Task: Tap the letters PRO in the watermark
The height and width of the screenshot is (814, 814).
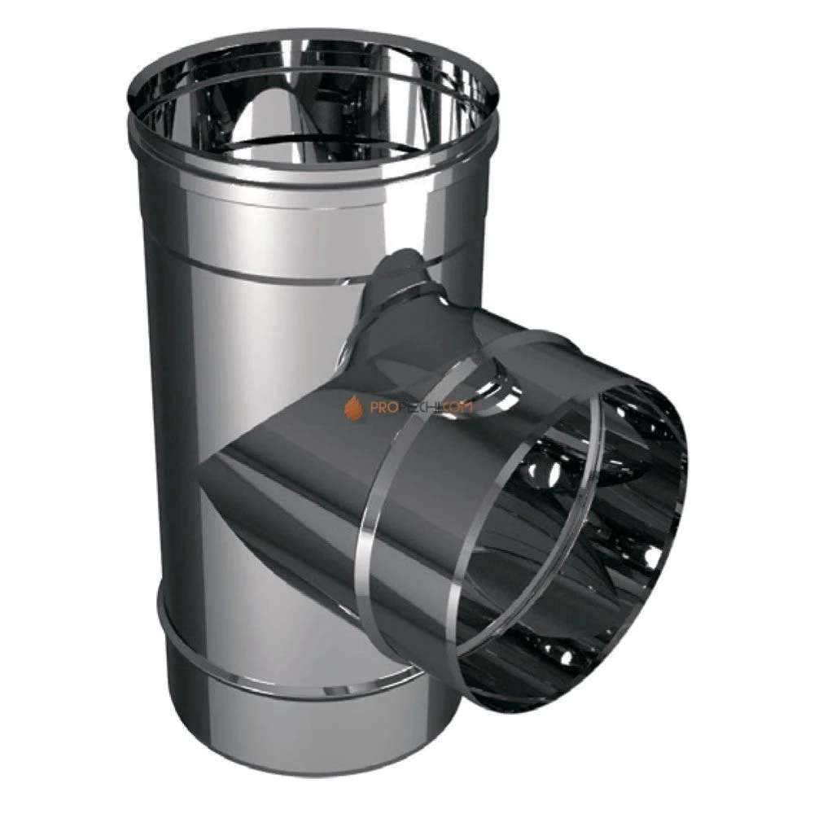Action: (380, 408)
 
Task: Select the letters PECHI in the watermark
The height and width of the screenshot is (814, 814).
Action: (416, 408)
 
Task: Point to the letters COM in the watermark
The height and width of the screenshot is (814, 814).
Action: (457, 408)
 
